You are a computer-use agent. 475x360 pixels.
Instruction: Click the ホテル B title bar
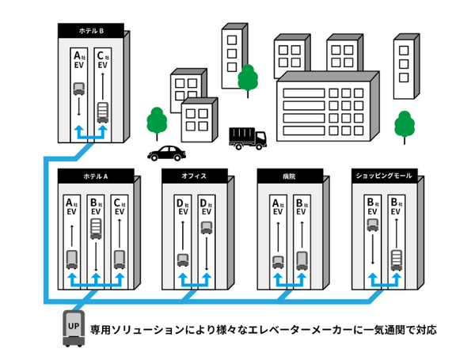(x=91, y=31)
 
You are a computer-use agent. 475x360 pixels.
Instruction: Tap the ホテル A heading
(x=95, y=176)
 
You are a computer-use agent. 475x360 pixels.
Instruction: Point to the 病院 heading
(x=288, y=176)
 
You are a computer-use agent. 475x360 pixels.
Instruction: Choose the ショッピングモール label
(x=383, y=176)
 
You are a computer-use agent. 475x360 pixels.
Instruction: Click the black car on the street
(x=166, y=152)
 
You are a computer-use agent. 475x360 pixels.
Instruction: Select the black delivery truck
(x=248, y=138)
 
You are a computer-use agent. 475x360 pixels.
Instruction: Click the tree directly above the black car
(x=158, y=121)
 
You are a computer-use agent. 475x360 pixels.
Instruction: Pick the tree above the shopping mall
(x=405, y=124)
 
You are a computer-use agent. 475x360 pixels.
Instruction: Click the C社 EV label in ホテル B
(x=102, y=60)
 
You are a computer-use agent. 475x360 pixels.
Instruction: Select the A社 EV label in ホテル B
(x=79, y=60)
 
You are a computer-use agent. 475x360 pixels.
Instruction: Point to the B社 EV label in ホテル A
(x=96, y=207)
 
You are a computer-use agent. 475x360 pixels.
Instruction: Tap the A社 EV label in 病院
(x=278, y=207)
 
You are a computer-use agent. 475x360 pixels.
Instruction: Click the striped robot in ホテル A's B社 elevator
(x=96, y=229)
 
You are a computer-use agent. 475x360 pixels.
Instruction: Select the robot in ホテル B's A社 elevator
(x=79, y=89)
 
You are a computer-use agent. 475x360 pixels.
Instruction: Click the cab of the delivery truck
(x=260, y=141)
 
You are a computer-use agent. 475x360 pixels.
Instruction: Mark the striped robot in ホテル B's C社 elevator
(x=102, y=112)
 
